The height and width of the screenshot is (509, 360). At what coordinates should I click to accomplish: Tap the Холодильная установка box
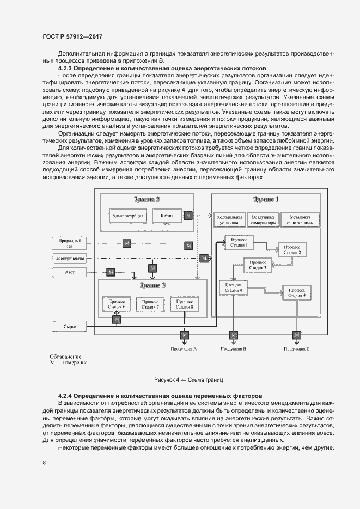(228, 220)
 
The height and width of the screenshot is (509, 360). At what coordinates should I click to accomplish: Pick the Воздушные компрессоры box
(264, 220)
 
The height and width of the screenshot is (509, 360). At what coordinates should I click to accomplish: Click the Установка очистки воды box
(300, 220)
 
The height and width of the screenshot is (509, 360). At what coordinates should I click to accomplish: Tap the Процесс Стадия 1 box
(240, 242)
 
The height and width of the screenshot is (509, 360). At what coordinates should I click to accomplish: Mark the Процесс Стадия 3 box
(258, 265)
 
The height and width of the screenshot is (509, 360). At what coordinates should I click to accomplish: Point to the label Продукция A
(184, 348)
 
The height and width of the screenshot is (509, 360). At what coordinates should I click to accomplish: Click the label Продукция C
(296, 348)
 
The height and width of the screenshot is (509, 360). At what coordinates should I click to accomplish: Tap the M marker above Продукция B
(234, 334)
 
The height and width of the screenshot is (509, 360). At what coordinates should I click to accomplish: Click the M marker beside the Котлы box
(188, 216)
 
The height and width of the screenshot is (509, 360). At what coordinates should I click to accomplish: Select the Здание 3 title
(152, 285)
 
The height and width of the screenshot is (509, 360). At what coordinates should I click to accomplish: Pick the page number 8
(44, 463)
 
